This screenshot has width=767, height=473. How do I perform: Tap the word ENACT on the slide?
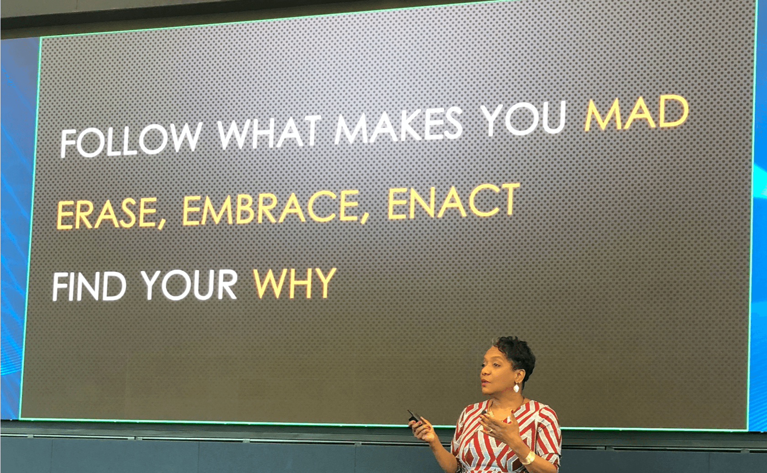coord(454,202)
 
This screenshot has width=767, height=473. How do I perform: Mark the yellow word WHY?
coord(295,283)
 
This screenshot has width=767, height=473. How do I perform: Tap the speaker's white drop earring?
coord(516,388)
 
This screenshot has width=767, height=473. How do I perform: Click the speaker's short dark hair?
coord(515,352)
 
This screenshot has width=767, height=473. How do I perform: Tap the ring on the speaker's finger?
coord(491,430)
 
